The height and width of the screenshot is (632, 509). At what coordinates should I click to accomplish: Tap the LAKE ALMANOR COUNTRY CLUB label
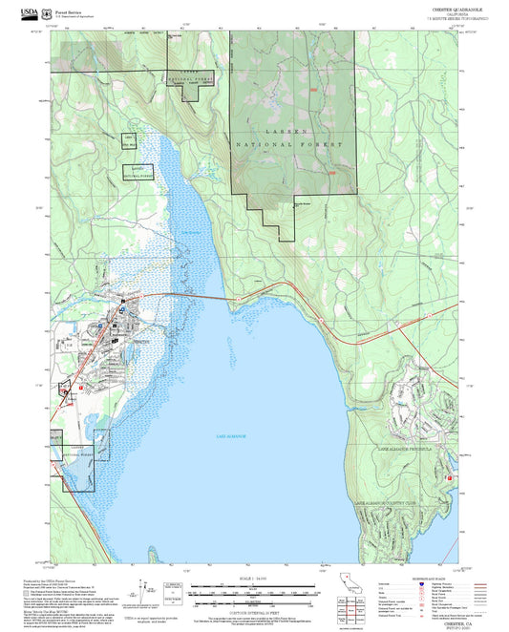[x=387, y=503]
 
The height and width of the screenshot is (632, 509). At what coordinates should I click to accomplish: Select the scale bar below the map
[x=254, y=589]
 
